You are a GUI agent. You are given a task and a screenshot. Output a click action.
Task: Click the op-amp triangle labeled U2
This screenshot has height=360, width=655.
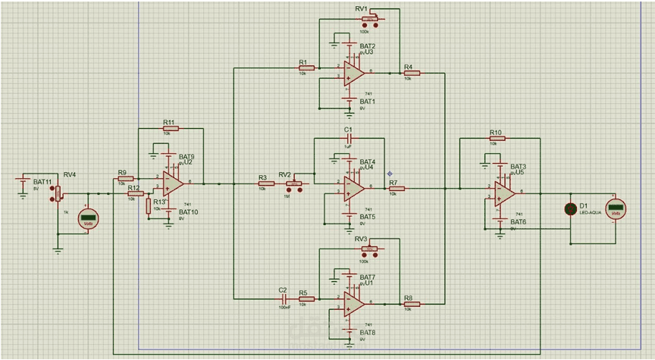click(x=174, y=183)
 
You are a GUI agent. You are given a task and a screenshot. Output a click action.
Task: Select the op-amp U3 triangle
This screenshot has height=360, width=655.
click(x=353, y=73)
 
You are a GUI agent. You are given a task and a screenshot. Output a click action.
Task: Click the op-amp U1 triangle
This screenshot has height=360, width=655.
click(x=353, y=302)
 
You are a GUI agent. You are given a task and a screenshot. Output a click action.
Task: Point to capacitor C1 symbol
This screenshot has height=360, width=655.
click(x=349, y=139)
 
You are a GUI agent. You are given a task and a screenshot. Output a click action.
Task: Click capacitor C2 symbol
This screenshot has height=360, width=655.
click(x=283, y=298)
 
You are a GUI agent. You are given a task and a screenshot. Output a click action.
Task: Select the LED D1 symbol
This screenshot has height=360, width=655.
click(x=570, y=209)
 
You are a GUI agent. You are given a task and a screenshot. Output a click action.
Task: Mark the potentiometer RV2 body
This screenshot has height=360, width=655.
click(x=293, y=184)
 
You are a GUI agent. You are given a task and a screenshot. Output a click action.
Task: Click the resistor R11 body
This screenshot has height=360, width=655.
click(x=170, y=129)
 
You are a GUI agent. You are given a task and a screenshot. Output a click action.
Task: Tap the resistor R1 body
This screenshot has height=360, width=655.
click(x=306, y=67)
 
